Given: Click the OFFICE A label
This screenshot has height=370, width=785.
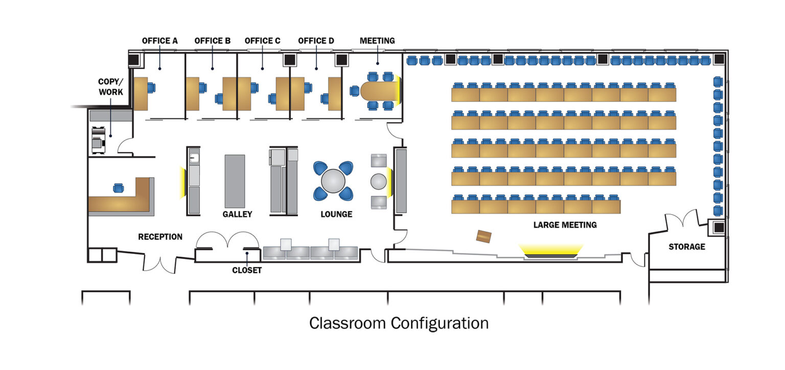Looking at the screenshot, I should pos(159,41).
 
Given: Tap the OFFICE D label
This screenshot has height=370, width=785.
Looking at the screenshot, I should pos(316,41).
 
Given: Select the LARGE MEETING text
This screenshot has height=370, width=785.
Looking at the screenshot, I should pos(565,225).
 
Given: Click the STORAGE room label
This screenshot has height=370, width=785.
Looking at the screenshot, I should pos(686,247).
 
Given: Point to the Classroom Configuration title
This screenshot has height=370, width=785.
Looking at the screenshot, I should pos(399,323).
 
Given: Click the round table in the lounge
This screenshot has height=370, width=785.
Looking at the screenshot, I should pos(333,181).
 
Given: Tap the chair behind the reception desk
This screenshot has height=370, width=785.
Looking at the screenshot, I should pos(119,188).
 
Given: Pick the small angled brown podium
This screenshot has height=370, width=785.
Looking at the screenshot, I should pos(483,237).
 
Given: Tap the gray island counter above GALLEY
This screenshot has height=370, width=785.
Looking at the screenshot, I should pos(235,181).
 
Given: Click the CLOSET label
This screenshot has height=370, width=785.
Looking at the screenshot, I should pos(246,270).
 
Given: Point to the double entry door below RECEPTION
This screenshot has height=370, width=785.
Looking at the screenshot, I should pos(161,263).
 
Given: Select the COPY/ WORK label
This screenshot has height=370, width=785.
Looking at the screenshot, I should pos(110,87).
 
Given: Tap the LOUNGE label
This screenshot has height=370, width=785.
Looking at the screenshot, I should pos(336,214).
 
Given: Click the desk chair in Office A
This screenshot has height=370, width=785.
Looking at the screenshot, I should pos(151,87).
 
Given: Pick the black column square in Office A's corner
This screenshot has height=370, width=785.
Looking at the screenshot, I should pos(134,60).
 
